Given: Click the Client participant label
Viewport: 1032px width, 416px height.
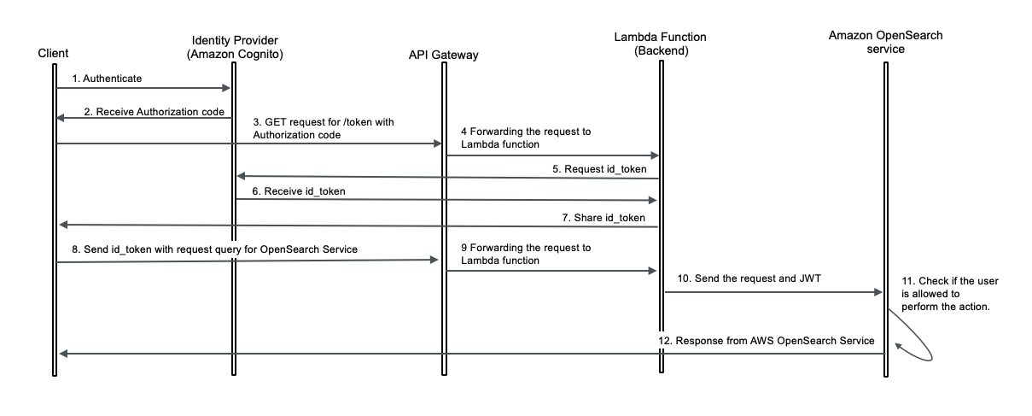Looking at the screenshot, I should pos(54,54).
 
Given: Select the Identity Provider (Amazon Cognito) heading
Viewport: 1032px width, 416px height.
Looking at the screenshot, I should pos(235,47).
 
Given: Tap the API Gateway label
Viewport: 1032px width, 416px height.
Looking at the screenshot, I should pos(444,56).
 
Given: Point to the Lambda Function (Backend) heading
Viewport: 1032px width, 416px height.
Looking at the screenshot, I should pos(660,44).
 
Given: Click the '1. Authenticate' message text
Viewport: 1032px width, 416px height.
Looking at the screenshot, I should pos(107,78).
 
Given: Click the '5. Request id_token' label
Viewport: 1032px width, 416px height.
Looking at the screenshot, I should pos(600,168).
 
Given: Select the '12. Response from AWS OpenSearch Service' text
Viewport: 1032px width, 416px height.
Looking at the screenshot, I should pos(766,341).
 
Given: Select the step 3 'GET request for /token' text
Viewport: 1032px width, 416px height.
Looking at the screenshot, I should pos(324,128).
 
